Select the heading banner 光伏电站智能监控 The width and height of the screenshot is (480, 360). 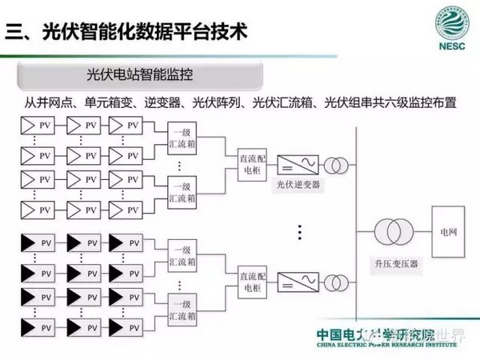click(142, 77)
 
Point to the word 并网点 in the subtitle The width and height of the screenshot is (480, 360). click(61, 102)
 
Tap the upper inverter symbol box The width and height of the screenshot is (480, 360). click(291, 165)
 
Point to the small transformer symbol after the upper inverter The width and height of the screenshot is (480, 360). click(336, 165)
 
